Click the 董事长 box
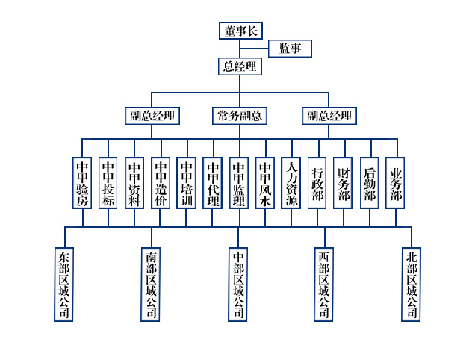[x=240, y=31]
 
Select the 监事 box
[x=290, y=49]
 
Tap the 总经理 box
[x=240, y=66]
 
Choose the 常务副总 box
[x=240, y=116]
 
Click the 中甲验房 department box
[x=82, y=182]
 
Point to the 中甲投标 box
[x=108, y=182]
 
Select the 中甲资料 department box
[x=134, y=182]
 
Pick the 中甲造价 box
[x=161, y=182]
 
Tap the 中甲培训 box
[x=187, y=182]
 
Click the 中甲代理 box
[x=213, y=182]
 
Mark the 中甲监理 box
[x=239, y=182]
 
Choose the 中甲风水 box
[x=265, y=182]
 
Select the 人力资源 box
[x=291, y=182]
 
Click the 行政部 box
[x=317, y=182]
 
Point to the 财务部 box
[x=344, y=182]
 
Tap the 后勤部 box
[x=370, y=182]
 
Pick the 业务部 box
[x=396, y=182]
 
